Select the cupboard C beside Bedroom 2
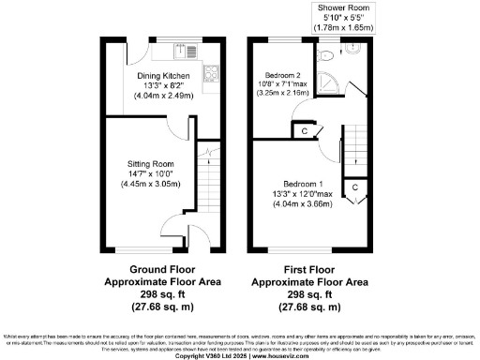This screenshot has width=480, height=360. pyautogui.click(x=306, y=130)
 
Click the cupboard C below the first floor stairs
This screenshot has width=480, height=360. pyautogui.click(x=355, y=187)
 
